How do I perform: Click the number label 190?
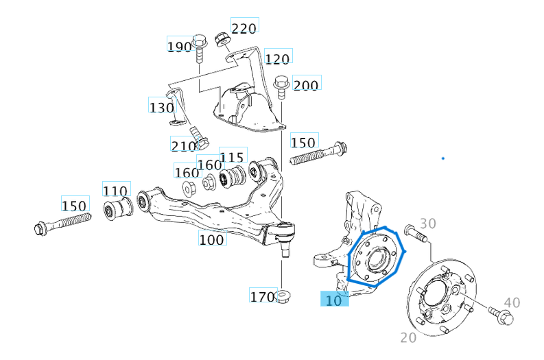(x=180, y=46)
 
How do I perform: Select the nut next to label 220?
(x=222, y=38)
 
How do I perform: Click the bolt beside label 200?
(x=281, y=88)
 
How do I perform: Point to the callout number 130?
(x=161, y=107)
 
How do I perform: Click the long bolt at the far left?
(x=62, y=223)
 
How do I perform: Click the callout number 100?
(x=211, y=239)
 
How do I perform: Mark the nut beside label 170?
(x=283, y=297)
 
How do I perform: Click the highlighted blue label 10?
(x=334, y=299)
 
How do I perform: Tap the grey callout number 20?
(x=409, y=337)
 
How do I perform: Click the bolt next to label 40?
(x=498, y=316)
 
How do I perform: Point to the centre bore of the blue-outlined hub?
(x=375, y=259)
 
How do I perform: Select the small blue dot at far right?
(x=443, y=158)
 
